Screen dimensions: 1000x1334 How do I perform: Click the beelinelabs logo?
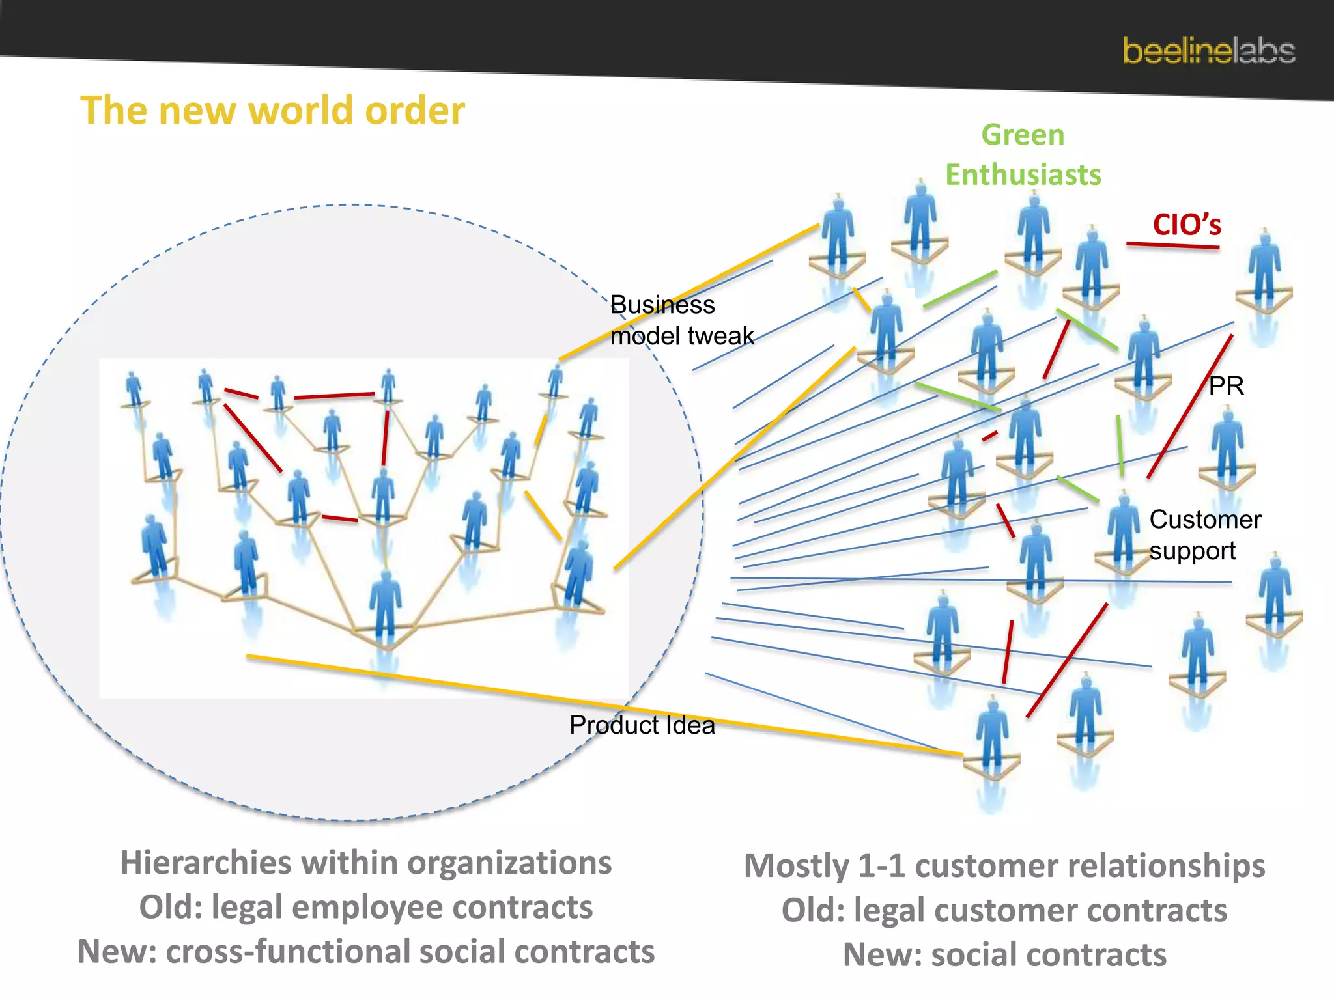click(1208, 51)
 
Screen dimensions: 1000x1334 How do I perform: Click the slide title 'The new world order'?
click(272, 110)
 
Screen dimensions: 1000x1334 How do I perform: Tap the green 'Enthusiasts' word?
click(1023, 175)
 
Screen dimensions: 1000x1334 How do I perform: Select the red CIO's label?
click(1186, 225)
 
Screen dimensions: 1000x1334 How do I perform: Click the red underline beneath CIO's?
click(1172, 245)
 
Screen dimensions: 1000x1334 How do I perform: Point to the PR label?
click(1226, 386)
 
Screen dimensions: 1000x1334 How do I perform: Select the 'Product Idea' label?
click(642, 725)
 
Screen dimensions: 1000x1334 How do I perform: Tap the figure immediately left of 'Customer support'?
click(1123, 531)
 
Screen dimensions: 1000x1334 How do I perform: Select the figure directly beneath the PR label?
click(1227, 446)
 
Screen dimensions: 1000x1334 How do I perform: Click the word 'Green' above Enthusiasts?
click(1023, 135)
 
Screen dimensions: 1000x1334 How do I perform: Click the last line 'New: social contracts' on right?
click(1004, 955)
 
